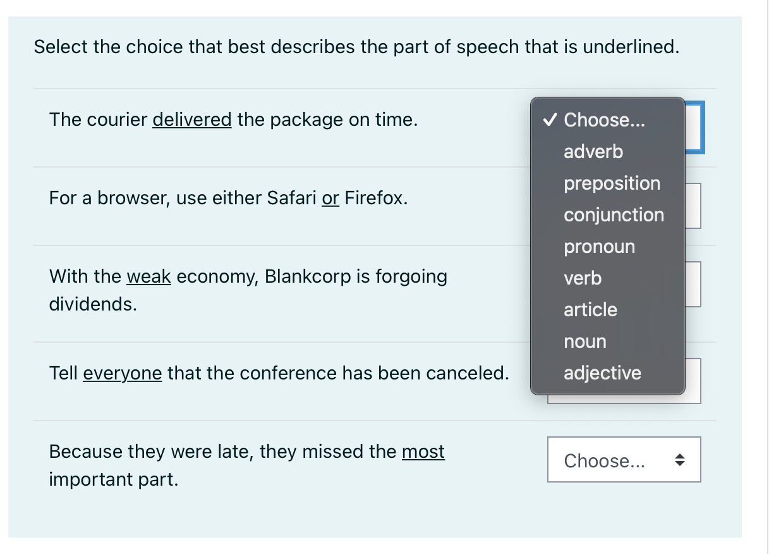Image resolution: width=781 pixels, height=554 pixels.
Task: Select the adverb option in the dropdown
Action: click(x=593, y=152)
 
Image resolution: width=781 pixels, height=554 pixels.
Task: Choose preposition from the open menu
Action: click(x=612, y=183)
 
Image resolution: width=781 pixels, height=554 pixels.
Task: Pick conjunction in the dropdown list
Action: click(x=614, y=215)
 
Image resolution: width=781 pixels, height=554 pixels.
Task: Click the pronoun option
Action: click(x=599, y=247)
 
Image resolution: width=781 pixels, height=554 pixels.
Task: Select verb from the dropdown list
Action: click(x=583, y=278)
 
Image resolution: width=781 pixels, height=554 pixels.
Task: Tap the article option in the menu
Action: click(x=590, y=310)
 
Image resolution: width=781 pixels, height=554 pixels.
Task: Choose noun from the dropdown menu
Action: click(x=584, y=342)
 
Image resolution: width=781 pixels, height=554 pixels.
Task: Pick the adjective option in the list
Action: click(x=602, y=373)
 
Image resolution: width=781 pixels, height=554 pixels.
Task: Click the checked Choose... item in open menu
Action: click(x=604, y=120)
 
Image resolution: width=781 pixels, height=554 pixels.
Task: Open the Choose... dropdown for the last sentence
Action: click(x=624, y=460)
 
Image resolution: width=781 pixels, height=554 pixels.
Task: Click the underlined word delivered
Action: click(x=192, y=120)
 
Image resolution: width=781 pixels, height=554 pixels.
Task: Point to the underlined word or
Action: click(x=330, y=199)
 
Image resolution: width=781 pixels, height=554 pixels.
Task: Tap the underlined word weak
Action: click(x=149, y=276)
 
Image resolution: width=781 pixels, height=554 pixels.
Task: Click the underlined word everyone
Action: click(x=123, y=373)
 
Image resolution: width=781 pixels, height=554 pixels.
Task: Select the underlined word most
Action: click(x=423, y=452)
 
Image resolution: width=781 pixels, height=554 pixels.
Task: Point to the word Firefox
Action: click(x=375, y=199)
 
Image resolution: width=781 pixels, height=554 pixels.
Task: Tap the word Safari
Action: click(x=291, y=199)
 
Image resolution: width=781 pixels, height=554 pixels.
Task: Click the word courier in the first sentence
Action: click(x=117, y=120)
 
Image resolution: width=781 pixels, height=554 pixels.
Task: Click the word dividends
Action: click(x=93, y=304)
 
